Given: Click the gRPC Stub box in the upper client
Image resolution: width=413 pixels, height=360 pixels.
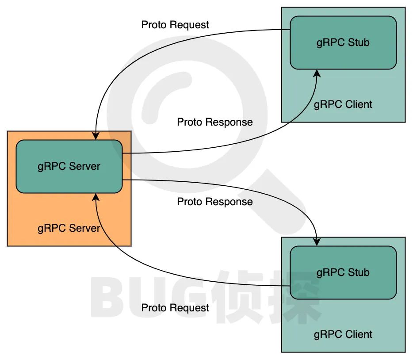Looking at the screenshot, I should [x=343, y=43].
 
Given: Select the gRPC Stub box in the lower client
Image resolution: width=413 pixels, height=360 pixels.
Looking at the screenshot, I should [x=343, y=272].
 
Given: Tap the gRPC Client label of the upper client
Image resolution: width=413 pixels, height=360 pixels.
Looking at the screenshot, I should [x=343, y=105].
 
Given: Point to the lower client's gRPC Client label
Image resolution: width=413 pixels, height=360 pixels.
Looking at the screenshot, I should [x=343, y=334].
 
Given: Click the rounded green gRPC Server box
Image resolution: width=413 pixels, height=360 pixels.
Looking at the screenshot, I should [x=69, y=167].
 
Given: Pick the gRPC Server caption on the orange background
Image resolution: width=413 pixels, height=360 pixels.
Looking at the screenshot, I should [x=69, y=229].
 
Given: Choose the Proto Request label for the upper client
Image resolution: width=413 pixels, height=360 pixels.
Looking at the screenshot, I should [x=175, y=25].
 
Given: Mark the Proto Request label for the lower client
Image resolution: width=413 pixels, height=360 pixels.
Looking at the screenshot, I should [x=175, y=308].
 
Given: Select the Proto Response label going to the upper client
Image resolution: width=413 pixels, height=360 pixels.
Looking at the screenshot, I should [x=215, y=122].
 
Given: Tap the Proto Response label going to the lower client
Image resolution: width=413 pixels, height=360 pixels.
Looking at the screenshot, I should [x=215, y=202].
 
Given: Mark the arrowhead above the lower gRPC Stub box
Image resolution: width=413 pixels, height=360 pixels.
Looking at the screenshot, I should [x=317, y=242].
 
